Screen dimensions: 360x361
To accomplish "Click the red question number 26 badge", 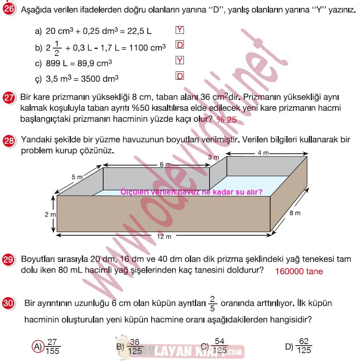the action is [9, 9].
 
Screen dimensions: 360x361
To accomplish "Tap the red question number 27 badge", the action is [9, 98].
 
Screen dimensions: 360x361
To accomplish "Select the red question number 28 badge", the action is [9, 140].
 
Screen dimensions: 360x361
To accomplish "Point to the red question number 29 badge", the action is [8, 260].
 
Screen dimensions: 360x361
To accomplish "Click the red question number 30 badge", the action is [8, 303].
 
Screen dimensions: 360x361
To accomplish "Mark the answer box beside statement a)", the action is [180, 30].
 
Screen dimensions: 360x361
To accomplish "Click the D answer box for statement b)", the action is [180, 45].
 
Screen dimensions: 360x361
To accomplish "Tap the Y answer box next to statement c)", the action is [180, 60].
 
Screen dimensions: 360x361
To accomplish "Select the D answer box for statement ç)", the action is [180, 76].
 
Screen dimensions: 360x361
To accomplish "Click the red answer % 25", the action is [226, 119].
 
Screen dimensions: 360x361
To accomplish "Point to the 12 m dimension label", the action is [164, 236].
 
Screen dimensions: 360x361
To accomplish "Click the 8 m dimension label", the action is [295, 213].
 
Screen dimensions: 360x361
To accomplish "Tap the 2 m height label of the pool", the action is [50, 214].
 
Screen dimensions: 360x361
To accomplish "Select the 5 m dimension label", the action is [77, 177].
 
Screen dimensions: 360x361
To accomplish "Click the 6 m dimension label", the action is [165, 164].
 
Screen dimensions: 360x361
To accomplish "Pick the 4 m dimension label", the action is [263, 153].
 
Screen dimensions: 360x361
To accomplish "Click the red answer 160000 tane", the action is [299, 271].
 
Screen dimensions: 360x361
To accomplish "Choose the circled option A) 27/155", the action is [46, 346].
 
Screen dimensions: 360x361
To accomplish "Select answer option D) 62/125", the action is [299, 346].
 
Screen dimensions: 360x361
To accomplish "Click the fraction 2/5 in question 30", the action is [212, 303].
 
